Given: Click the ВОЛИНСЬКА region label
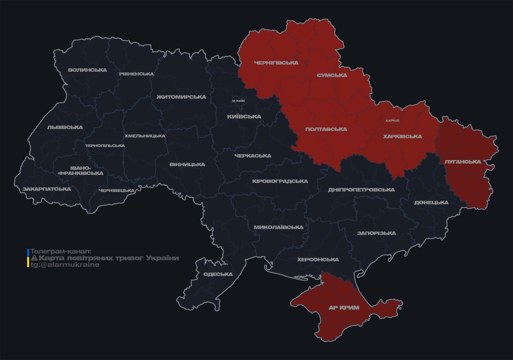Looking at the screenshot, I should pos(87,70).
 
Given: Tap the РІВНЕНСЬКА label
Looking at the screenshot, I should pos(136,74).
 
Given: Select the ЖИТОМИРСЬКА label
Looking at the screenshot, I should pos(181,97).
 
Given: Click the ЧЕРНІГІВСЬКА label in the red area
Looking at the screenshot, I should pos(276,63).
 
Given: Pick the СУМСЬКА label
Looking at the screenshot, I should pos(332,75).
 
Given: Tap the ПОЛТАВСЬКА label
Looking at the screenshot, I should pos(326,129).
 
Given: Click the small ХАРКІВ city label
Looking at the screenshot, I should pos(392,120).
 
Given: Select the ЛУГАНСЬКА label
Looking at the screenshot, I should pos(462,162).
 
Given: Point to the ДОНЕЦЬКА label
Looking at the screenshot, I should pos(431,202).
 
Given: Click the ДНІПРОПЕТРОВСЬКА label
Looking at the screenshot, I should pos(361,190).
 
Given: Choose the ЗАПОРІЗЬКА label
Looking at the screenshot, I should pos(376,233).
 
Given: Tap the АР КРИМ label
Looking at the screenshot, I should pos(344,307).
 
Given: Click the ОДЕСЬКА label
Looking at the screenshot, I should pos(218,274).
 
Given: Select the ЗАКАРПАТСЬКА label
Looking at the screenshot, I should pos(46,189).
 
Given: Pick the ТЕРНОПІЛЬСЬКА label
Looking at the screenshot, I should pos(105,145).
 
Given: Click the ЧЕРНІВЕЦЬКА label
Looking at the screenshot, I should pos(117,190).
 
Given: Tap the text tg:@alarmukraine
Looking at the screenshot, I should pos(65,265).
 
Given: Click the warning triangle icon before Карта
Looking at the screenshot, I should pos(34,258).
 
